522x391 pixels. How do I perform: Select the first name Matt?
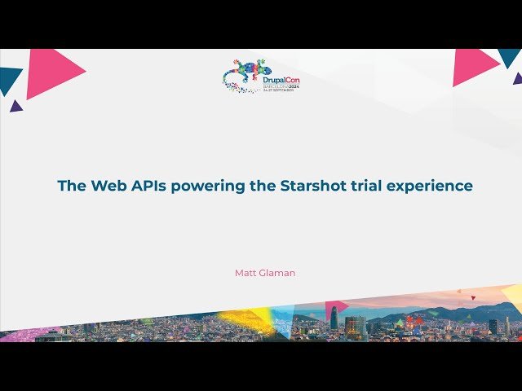(x=245, y=273)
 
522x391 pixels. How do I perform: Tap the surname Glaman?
(x=277, y=273)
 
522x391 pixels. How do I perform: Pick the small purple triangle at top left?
(x=15, y=106)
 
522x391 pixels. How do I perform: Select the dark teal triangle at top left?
(x=9, y=79)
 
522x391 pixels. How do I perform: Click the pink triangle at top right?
(x=472, y=66)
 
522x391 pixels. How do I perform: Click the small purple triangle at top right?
(x=518, y=79)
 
